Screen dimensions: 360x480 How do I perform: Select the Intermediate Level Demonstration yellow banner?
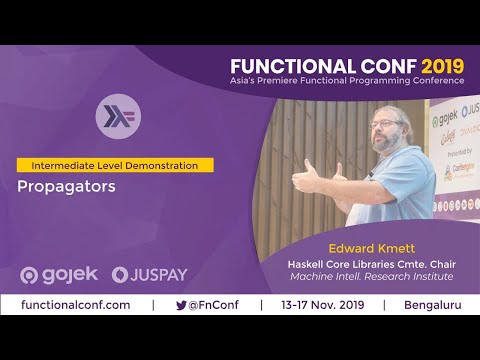coord(114,164)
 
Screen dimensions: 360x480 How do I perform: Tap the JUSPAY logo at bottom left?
coord(150,274)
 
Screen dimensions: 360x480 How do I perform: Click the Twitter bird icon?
coord(181,305)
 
